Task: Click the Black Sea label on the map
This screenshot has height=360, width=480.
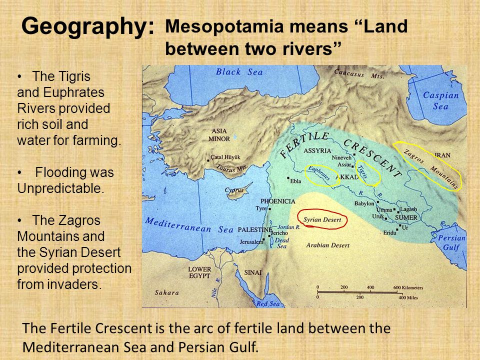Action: [x=239, y=72]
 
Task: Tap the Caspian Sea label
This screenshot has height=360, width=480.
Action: [x=440, y=100]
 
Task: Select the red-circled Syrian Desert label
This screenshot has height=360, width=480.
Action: [x=322, y=219]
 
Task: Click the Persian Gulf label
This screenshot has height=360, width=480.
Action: [x=451, y=242]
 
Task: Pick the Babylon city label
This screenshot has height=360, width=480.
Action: [x=364, y=203]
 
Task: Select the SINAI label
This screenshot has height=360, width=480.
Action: [x=253, y=272]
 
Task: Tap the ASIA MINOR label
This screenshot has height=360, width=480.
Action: [x=220, y=135]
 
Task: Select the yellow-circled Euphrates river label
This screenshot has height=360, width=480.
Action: [x=318, y=172]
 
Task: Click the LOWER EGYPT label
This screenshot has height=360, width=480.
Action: [x=199, y=272]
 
